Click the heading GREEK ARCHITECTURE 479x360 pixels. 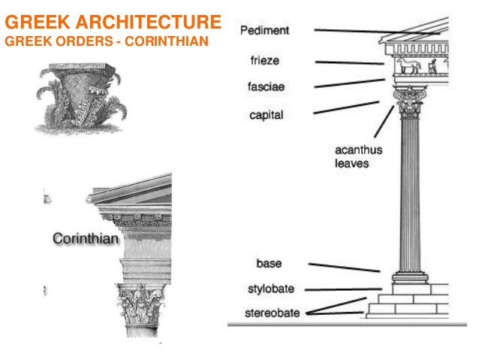[x=113, y=20]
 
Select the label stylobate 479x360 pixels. [x=270, y=289]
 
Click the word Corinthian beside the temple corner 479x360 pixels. [x=86, y=238]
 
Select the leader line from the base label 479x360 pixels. [x=345, y=267]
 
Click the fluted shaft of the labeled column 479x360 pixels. [x=410, y=195]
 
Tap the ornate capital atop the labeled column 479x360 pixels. [x=410, y=106]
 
